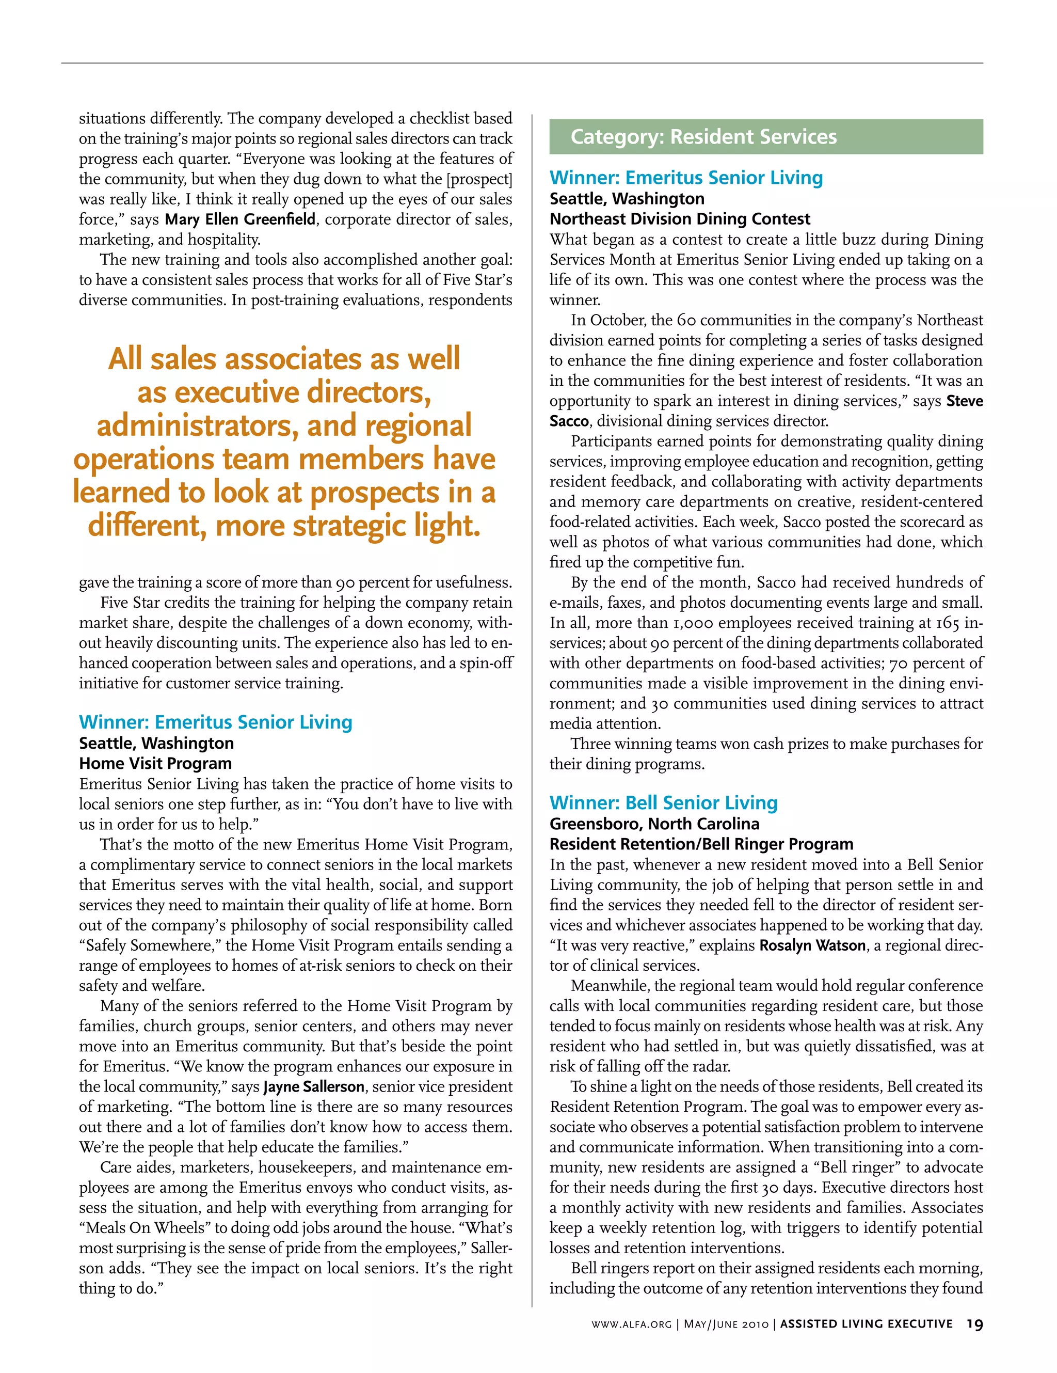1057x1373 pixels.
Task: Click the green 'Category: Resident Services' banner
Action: click(x=765, y=136)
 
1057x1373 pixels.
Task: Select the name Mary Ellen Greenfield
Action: click(x=240, y=219)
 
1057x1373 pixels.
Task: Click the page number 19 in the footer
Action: click(x=974, y=1324)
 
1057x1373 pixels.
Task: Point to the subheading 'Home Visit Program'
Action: click(x=155, y=763)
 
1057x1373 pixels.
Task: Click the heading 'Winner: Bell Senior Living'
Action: click(x=663, y=803)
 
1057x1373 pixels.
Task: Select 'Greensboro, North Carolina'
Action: click(x=654, y=824)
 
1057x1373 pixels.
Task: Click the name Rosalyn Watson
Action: click(x=812, y=945)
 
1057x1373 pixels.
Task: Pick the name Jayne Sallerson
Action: click(x=314, y=1086)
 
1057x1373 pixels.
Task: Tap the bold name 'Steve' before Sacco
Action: click(x=965, y=401)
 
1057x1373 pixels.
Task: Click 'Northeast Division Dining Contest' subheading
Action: click(x=679, y=219)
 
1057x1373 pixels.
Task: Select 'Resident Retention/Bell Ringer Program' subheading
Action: click(x=701, y=844)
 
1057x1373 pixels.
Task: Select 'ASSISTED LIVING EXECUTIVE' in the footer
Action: click(x=866, y=1324)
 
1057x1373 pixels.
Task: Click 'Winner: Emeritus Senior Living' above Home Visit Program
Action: click(x=216, y=722)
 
